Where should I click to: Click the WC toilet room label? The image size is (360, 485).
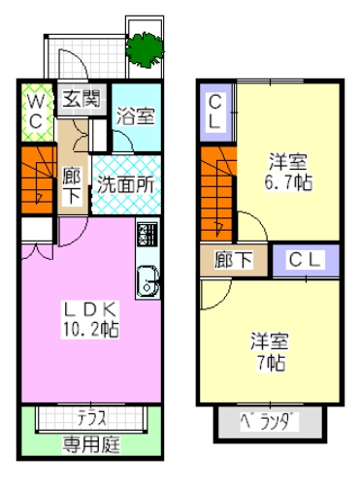coord(36,113)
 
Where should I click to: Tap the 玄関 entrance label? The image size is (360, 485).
coord(82,99)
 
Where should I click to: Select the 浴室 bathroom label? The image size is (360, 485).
coord(136,115)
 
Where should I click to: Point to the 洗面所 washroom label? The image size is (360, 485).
coord(126,184)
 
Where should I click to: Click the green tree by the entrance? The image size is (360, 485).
coord(145,49)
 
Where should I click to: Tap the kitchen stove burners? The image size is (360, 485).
coord(147,234)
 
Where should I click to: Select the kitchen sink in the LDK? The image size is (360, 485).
coord(147,281)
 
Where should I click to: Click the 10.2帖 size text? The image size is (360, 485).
coord(90,330)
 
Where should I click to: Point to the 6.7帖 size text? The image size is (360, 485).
coord(288,182)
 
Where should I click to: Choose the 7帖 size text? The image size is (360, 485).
coord(271,363)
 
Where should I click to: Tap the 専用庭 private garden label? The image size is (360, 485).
coord(91,444)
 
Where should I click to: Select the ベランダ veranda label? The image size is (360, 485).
coord(269,422)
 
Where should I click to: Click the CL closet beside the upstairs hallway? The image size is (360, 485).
coord(306,260)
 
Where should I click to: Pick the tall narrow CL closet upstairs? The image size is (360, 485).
coord(215,113)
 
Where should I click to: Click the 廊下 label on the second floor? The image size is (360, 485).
coord(233,260)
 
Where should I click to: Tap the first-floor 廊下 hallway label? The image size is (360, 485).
coord(72,185)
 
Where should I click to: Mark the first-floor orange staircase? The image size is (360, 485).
coord(37,179)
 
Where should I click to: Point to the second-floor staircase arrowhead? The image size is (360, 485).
coord(219,227)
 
